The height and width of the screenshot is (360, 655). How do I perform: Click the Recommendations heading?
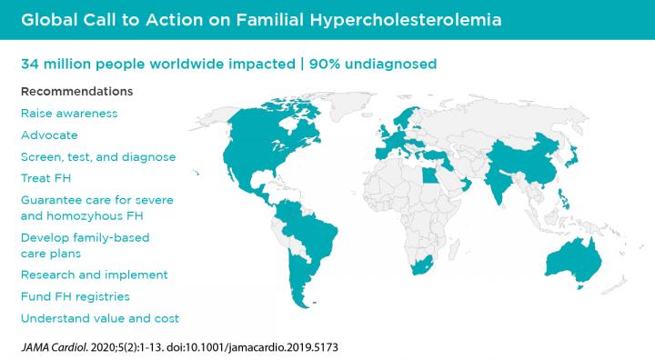tap(76, 92)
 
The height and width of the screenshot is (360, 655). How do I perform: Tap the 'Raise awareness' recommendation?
tap(69, 114)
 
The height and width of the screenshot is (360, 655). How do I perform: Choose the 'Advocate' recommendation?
tap(49, 135)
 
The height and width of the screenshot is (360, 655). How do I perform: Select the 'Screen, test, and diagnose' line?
tap(98, 157)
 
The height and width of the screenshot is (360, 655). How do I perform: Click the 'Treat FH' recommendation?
tap(45, 178)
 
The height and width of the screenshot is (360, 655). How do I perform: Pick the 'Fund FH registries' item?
tap(75, 296)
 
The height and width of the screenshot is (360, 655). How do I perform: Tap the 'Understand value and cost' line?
tap(99, 318)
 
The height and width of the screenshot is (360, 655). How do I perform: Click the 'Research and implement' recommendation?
tap(94, 275)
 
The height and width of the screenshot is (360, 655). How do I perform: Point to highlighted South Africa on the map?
tap(419, 266)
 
